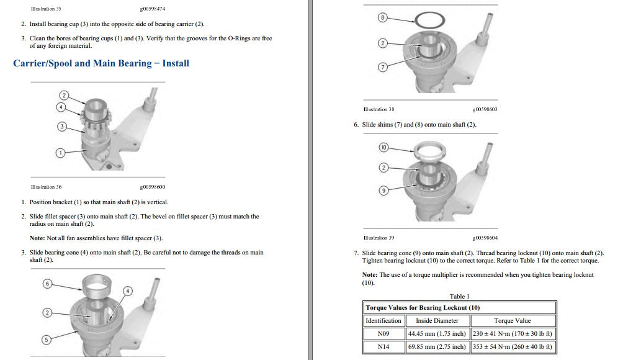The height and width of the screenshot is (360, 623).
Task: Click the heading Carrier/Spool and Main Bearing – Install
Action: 101,63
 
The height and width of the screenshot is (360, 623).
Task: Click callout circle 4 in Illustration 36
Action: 61,107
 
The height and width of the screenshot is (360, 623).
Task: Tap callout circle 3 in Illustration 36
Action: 62,127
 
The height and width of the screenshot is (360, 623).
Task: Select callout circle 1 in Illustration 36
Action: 60,153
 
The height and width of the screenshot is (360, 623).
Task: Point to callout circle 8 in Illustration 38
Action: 382,17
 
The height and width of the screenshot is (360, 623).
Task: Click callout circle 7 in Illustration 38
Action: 383,67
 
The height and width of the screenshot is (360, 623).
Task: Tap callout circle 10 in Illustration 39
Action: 383,148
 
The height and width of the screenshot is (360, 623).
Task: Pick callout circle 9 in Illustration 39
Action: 383,191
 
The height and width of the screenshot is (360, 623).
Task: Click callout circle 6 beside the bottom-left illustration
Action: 48,284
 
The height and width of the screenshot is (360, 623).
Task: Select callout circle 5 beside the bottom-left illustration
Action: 47,340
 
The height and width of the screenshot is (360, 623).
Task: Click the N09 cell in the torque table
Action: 383,334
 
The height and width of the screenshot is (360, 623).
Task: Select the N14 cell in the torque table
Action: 383,347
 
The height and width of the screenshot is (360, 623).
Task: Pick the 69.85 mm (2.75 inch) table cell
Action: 437,347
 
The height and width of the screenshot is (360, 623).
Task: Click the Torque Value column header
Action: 513,321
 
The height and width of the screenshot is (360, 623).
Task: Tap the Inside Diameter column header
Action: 437,321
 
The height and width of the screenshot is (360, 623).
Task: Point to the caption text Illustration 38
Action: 379,109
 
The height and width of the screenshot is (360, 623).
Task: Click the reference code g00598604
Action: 485,238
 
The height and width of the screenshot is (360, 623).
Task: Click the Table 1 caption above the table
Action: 459,297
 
